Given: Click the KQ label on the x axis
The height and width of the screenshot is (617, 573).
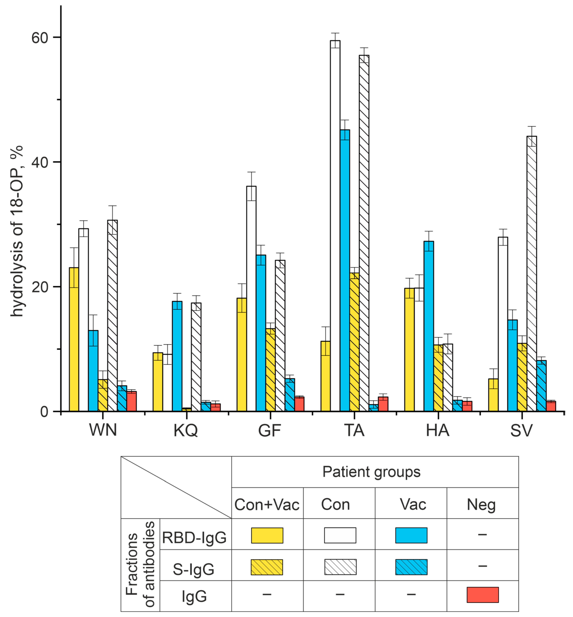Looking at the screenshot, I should [185, 430].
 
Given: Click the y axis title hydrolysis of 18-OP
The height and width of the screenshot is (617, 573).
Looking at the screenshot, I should [17, 231].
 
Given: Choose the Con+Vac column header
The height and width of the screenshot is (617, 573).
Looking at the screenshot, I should [267, 504].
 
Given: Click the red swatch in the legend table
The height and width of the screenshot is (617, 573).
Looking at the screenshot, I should [483, 595].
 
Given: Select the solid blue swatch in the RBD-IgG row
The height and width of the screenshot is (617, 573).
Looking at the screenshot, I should [411, 535].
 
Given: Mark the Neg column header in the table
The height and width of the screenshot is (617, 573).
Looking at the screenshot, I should [481, 504].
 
